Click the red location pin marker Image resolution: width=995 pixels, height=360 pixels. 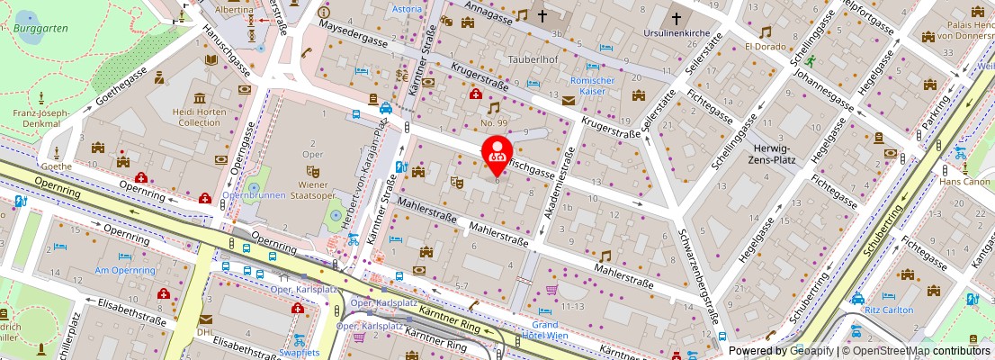[x=497, y=154]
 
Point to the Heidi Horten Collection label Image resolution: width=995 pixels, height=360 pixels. [x=199, y=116]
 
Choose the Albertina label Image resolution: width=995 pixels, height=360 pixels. [x=234, y=7]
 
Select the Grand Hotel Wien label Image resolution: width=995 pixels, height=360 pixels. [x=544, y=330]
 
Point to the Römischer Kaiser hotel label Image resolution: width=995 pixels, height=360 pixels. [x=592, y=85]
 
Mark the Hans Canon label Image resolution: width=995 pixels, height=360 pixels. [x=964, y=181]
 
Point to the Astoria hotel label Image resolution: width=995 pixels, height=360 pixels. [x=408, y=9]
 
